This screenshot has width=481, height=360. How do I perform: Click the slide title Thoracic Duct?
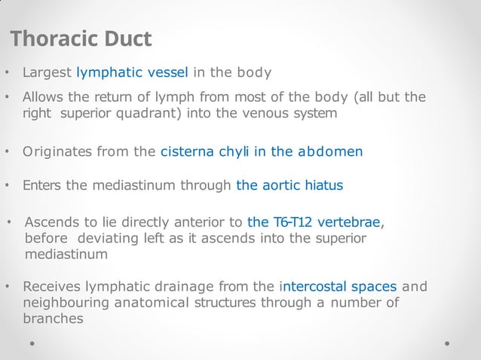tap(81, 38)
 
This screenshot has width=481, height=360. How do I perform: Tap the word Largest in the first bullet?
tap(47, 73)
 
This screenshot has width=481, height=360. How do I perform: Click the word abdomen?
tap(330, 151)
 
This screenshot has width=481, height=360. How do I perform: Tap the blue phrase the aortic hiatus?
tap(290, 185)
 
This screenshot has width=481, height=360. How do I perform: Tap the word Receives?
tap(52, 287)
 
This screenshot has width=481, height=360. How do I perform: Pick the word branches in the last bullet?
tap(53, 319)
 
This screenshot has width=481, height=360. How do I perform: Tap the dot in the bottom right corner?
tap(447, 343)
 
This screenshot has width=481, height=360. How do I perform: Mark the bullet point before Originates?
tap(8, 152)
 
